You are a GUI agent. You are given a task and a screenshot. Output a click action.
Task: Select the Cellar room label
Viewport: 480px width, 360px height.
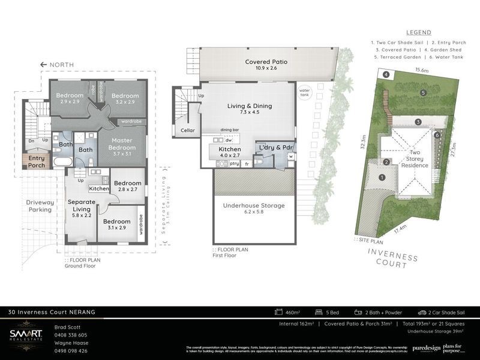(x=187, y=130)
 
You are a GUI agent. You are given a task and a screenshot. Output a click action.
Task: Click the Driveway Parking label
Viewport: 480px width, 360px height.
(x=40, y=206)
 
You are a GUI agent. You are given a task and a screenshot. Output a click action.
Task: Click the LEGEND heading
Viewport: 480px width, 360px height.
(x=418, y=32)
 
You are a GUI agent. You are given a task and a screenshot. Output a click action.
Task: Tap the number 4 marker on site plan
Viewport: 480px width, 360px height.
(x=386, y=74)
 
